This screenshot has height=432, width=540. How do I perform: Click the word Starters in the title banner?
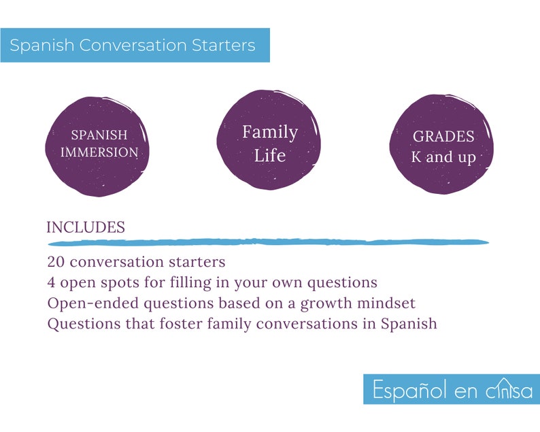pos(224,46)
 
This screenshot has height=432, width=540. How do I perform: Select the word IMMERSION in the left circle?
pos(99,152)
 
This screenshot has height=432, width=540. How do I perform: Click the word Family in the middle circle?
pos(270,131)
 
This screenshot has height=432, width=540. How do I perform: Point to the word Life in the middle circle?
pos(270,155)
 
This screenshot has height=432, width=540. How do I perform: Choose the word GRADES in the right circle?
pos(443,137)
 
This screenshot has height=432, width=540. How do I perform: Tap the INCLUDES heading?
pos(86,228)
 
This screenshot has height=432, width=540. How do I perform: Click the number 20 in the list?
pos(55,262)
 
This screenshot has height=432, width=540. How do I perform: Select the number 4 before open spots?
pos(52,282)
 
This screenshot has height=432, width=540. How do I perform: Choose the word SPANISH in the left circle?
pos(99,135)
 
